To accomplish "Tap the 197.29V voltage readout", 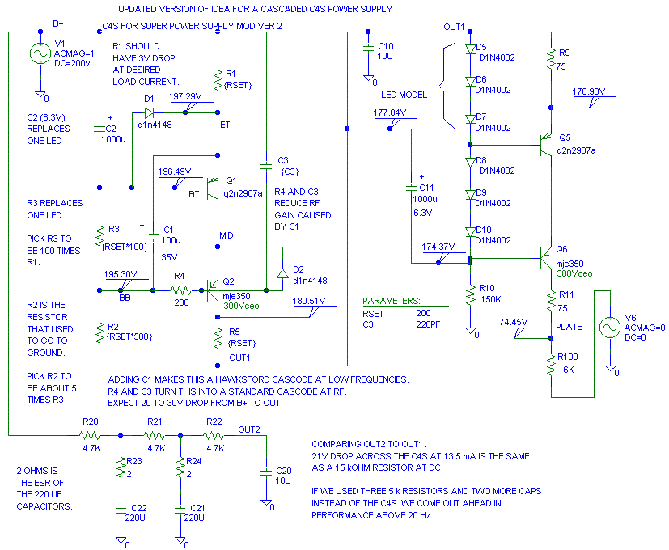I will [184, 96].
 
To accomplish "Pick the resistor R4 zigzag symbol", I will [179, 290].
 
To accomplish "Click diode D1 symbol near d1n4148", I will [149, 112].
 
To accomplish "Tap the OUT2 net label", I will [249, 429].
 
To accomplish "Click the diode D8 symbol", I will [469, 162].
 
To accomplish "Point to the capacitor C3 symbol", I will [266, 167].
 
